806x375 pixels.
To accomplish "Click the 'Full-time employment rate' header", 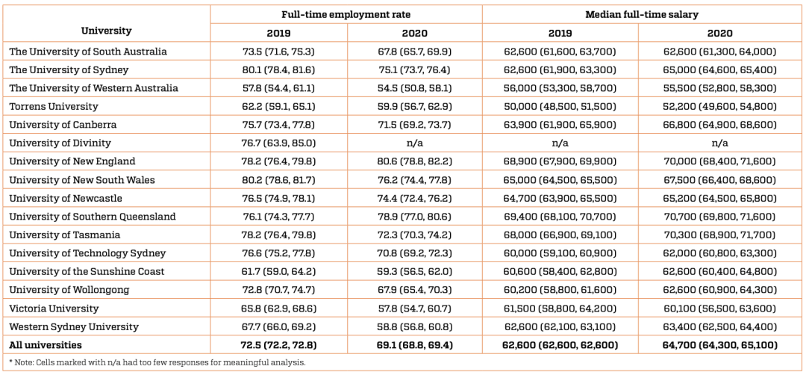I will click(x=346, y=14).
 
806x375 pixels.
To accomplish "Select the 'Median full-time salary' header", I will click(x=642, y=14).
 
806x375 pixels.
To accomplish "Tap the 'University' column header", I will click(x=106, y=31).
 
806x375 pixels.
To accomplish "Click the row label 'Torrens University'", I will click(x=54, y=106).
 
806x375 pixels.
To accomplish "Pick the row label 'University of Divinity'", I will click(x=60, y=143).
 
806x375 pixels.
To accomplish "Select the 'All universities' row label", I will click(x=46, y=345).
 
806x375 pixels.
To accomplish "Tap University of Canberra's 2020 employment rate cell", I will click(x=414, y=125).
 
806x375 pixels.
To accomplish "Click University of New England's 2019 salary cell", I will click(x=560, y=161).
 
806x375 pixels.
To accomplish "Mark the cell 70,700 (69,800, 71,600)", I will click(x=719, y=217).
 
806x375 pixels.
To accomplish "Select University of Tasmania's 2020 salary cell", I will click(x=719, y=235).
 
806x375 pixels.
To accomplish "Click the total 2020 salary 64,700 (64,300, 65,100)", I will click(x=719, y=345).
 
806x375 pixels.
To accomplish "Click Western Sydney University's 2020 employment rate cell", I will click(x=414, y=326).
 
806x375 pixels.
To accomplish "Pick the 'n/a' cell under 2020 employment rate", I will click(x=414, y=143).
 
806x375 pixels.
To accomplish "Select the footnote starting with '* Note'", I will click(x=157, y=362).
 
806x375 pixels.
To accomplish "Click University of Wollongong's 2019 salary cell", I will click(x=560, y=290).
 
